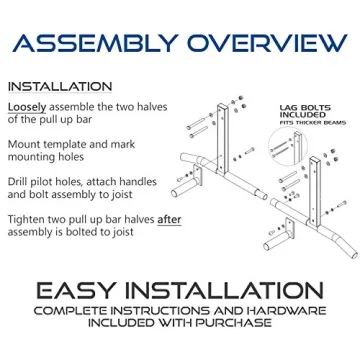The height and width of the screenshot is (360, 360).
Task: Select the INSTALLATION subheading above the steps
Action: click(x=60, y=86)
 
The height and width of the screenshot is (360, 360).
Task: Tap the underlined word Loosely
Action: click(x=27, y=106)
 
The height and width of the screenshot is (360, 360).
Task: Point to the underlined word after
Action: click(x=171, y=219)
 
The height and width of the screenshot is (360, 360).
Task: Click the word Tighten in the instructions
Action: click(x=29, y=219)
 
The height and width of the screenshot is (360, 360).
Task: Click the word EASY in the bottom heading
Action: click(x=77, y=290)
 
